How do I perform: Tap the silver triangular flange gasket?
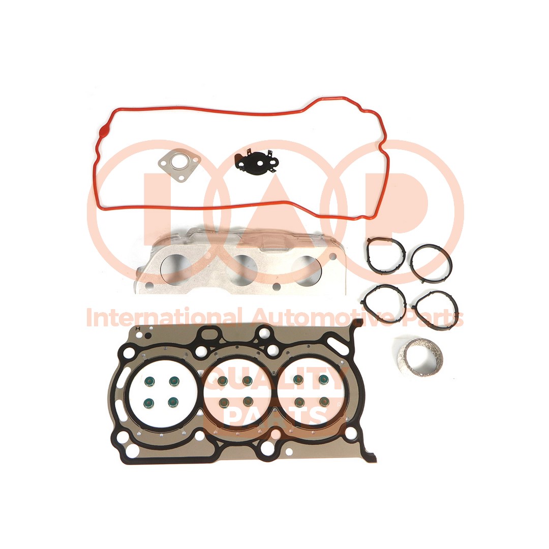pyautogui.click(x=178, y=167)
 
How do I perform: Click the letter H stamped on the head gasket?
pyautogui.click(x=138, y=328)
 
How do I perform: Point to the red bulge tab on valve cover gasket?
pyautogui.click(x=103, y=132)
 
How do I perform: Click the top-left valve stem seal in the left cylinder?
pyautogui.click(x=149, y=381)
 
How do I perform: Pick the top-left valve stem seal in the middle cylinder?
pyautogui.click(x=223, y=381)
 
